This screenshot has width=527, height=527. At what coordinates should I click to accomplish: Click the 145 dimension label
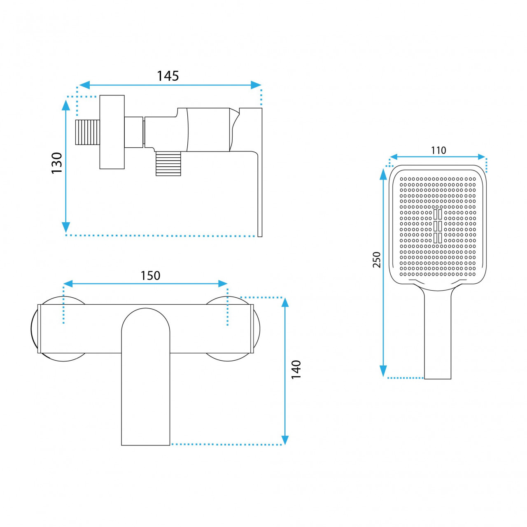tap(168, 76)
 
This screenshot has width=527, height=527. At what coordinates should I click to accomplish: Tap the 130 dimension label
tap(57, 163)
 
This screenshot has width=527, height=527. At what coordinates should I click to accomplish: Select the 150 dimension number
tap(150, 276)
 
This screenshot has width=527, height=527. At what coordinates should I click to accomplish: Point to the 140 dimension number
tap(296, 369)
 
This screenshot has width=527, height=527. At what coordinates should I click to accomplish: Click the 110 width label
tap(438, 150)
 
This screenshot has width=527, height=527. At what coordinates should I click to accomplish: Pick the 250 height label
tap(377, 260)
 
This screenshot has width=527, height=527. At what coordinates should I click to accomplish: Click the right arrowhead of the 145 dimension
tap(256, 85)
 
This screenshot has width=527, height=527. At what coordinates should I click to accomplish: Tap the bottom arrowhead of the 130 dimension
tap(66, 227)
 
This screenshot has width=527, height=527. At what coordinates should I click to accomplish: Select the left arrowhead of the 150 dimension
tap(68, 284)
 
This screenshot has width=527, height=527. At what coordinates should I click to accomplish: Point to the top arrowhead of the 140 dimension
tap(285, 303)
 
